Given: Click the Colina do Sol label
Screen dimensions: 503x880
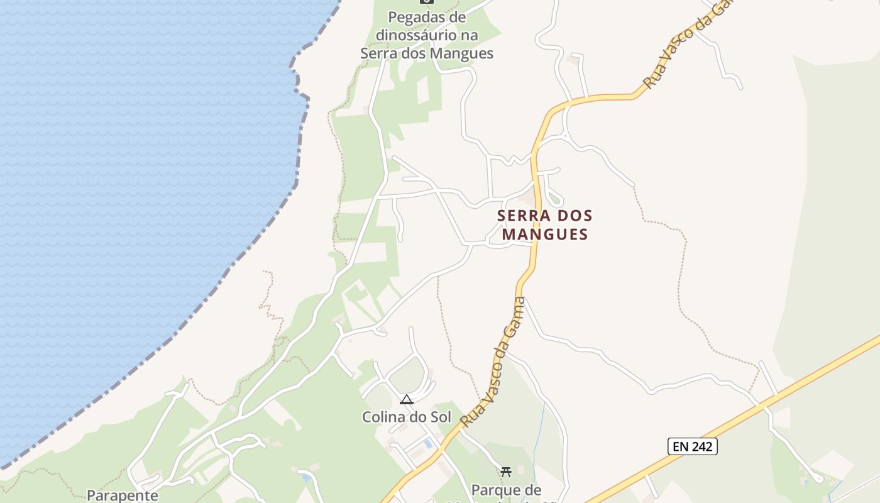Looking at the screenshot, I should tap(406, 416).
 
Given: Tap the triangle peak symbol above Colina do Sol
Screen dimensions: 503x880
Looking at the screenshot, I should tap(407, 399).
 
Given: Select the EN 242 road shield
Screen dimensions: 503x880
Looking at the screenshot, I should tap(692, 446).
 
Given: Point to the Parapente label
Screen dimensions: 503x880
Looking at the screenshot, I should tap(123, 495).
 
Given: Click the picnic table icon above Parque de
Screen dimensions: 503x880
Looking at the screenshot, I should tap(506, 472).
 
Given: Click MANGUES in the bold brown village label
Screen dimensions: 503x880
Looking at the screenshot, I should tap(545, 235).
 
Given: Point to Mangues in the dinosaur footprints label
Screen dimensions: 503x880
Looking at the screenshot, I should tap(461, 53).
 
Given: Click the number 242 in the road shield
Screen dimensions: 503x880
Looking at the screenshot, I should tap(701, 446).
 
